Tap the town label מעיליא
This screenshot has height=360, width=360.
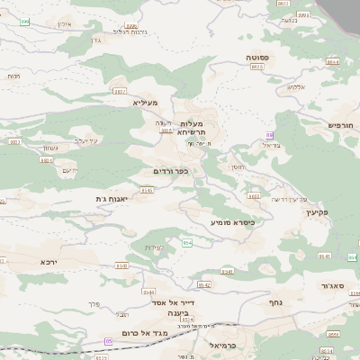(x=145, y=103)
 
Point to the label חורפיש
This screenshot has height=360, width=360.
(x=342, y=125)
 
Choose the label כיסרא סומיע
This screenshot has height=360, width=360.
(x=233, y=220)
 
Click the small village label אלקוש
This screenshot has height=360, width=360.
(x=297, y=86)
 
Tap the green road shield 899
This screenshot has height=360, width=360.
(x=25, y=22)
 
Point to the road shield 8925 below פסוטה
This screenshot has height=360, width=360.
(x=257, y=67)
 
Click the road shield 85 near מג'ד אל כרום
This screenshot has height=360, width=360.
(x=110, y=341)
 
